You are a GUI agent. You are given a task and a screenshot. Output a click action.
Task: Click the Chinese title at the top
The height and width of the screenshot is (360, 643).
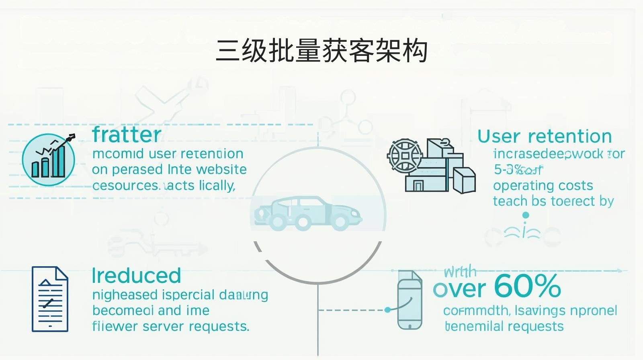pos(321,51)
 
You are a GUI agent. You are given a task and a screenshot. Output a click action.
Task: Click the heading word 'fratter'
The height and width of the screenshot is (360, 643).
pos(127,135)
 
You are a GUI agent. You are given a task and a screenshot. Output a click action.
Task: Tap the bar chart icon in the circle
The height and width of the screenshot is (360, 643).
pos(49,160)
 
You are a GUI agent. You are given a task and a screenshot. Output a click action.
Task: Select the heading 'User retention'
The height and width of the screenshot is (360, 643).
pos(545,137)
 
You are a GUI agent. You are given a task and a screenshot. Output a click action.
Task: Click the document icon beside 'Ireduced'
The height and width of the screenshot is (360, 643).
pos(50,299)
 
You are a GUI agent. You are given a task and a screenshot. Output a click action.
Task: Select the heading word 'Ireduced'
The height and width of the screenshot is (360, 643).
pos(136,276)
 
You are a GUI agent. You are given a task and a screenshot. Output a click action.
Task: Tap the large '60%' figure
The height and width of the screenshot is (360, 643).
pos(527,286)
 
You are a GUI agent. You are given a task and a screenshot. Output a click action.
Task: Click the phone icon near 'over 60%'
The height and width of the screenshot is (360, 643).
pos(410,299)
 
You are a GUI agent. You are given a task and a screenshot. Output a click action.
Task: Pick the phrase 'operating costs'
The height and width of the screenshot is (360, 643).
pos(543,186)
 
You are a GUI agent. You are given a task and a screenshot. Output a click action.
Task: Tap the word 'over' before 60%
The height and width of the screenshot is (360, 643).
pos(459,288)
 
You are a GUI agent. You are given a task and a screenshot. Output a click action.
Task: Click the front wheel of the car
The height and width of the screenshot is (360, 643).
pos(341,222)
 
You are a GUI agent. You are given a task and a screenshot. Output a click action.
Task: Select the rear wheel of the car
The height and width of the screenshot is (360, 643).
pos(276,222)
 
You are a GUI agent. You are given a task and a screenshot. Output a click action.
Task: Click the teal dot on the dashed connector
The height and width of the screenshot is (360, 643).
pos(387,310)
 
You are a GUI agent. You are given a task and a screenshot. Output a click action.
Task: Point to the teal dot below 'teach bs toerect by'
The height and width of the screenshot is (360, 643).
pos(525,215)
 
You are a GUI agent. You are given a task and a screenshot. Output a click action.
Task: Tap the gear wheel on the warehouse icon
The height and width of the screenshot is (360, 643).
pos(405,155)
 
